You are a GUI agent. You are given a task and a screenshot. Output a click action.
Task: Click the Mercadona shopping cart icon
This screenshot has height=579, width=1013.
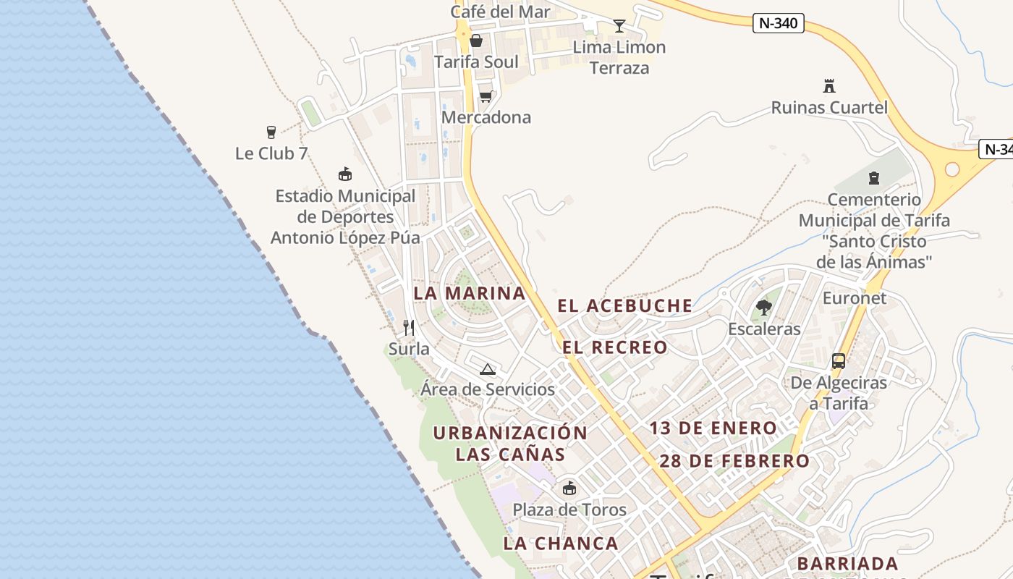pos(486,96)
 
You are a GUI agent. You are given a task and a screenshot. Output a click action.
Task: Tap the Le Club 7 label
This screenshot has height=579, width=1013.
pos(271,153)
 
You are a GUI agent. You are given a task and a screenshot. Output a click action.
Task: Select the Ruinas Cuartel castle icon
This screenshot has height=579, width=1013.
pos(829,86)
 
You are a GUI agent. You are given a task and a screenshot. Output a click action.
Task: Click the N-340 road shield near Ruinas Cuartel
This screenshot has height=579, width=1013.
pos(778,23)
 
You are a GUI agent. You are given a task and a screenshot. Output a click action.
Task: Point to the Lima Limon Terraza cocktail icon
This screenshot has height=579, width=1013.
pos(619,27)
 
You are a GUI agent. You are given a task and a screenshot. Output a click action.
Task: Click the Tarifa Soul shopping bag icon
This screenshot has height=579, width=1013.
pos(476,41)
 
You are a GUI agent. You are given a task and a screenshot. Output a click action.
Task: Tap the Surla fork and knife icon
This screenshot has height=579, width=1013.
pos(409,328)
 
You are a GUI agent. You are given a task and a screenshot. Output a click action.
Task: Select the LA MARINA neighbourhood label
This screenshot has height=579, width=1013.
pos(470,293)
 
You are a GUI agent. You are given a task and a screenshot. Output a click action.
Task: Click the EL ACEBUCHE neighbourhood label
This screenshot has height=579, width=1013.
pos(625,305)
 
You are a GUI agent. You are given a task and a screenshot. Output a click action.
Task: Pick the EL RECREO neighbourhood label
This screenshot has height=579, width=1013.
pos(615,347)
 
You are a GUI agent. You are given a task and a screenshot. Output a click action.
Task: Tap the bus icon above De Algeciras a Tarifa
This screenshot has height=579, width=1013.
pos(839,360)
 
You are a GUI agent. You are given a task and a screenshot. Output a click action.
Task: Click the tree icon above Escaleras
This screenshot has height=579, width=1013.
pos(763,308)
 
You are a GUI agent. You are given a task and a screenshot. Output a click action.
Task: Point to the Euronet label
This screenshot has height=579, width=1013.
pos(855,298)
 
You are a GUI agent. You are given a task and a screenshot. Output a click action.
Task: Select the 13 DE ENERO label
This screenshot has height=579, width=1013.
pos(713,428)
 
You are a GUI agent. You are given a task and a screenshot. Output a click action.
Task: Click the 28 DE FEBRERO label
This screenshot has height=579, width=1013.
pos(734,461)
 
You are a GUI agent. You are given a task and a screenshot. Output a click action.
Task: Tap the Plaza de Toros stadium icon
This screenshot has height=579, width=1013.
pos(569,488)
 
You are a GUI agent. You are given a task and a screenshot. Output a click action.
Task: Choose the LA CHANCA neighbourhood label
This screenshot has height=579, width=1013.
pos(561,544)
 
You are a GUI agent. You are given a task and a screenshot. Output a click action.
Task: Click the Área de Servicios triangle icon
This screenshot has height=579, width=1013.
pos(488,369)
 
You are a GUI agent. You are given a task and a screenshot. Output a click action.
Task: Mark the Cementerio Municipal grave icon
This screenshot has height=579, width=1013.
pos(874,177)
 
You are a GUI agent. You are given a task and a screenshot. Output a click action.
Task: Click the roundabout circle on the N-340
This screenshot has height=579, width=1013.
pos(952,169)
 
